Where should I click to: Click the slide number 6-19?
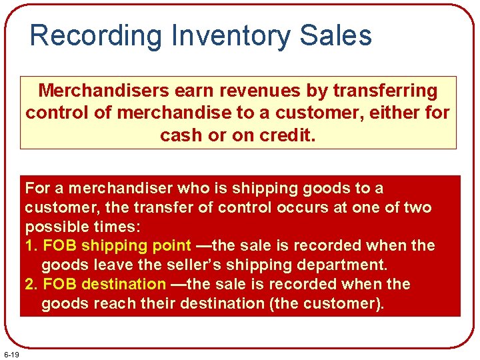11,353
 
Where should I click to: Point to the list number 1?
29,245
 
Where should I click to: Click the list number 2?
29,284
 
